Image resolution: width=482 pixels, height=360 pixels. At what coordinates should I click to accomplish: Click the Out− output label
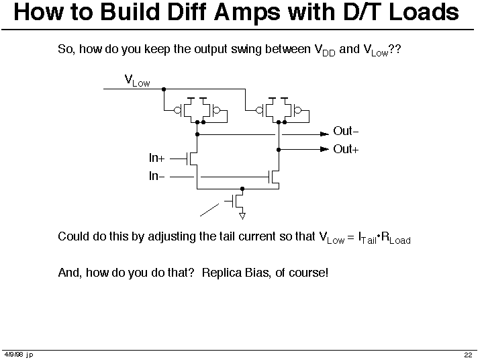point(346,131)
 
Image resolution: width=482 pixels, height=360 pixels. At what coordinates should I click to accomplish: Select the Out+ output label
point(346,149)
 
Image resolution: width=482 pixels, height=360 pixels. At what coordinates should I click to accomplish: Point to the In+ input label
point(157,158)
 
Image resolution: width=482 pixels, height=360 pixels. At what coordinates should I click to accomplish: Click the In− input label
point(157,176)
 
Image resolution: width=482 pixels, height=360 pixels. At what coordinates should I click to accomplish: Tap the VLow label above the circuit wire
point(137,81)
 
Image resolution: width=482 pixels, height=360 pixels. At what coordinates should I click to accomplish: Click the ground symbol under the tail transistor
point(242,216)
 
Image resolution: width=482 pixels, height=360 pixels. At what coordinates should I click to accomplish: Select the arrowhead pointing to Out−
point(325,134)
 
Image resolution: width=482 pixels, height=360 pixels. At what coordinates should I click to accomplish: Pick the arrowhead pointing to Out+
point(325,149)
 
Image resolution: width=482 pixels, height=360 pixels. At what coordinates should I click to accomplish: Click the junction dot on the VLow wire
point(164,89)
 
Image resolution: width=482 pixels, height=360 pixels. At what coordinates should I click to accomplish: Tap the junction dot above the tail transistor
point(242,189)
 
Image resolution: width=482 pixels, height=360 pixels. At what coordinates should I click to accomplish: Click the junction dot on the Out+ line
point(279,150)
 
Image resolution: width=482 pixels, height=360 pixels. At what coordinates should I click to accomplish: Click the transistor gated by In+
point(192,159)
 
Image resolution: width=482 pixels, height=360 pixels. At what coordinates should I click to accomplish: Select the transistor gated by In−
point(274,177)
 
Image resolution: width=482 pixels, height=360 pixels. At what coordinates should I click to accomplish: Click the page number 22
point(468,355)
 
